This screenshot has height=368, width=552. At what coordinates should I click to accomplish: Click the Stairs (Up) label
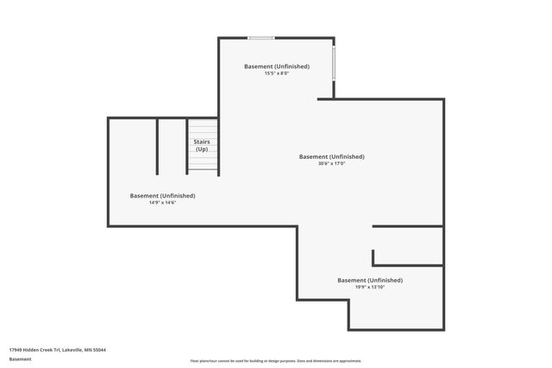201,145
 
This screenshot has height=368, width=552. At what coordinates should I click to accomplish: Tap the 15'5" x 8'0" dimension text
277,73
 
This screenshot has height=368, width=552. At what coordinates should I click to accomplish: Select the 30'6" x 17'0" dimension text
331,164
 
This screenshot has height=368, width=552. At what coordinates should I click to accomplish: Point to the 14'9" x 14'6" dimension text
162,202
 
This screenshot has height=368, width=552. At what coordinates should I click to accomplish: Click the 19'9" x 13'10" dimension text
369,287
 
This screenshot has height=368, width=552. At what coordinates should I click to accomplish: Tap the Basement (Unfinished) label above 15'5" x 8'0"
277,67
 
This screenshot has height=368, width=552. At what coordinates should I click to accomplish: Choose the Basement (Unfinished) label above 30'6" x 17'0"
331,156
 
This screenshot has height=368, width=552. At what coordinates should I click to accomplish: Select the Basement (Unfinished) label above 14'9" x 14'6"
162,195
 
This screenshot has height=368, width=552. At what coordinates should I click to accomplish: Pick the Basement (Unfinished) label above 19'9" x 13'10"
369,280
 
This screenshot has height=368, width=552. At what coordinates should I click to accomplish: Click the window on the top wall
260,37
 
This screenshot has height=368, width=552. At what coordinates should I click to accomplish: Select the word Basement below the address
20,358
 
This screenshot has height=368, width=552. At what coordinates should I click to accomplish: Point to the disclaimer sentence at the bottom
276,361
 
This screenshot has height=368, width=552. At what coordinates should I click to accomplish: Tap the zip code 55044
101,350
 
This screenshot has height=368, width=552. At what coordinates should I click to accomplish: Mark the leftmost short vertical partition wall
157,146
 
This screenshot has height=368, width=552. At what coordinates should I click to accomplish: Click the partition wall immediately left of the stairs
187,146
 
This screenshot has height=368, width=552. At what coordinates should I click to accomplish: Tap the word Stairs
201,141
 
